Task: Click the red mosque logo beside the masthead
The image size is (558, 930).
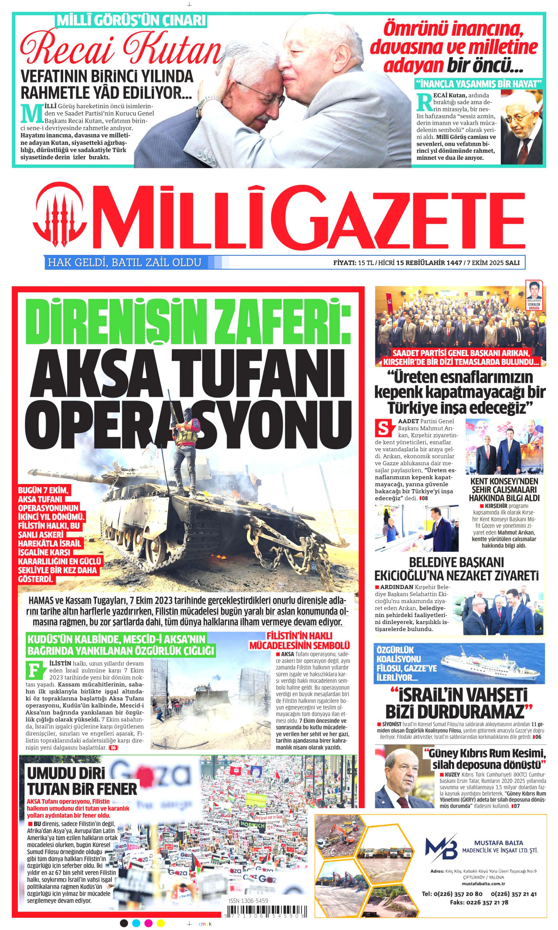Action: pyautogui.click(x=60, y=213)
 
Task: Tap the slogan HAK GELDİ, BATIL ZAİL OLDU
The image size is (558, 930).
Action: pyautogui.click(x=125, y=262)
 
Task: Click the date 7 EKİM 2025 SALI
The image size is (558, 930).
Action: pyautogui.click(x=493, y=263)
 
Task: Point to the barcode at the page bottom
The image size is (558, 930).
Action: pyautogui.click(x=266, y=912)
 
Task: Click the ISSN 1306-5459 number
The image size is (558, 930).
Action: pyautogui.click(x=248, y=901)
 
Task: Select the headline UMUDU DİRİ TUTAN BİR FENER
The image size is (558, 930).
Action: pyautogui.click(x=82, y=782)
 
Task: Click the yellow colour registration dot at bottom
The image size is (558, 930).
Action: pyautogui.click(x=160, y=923)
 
